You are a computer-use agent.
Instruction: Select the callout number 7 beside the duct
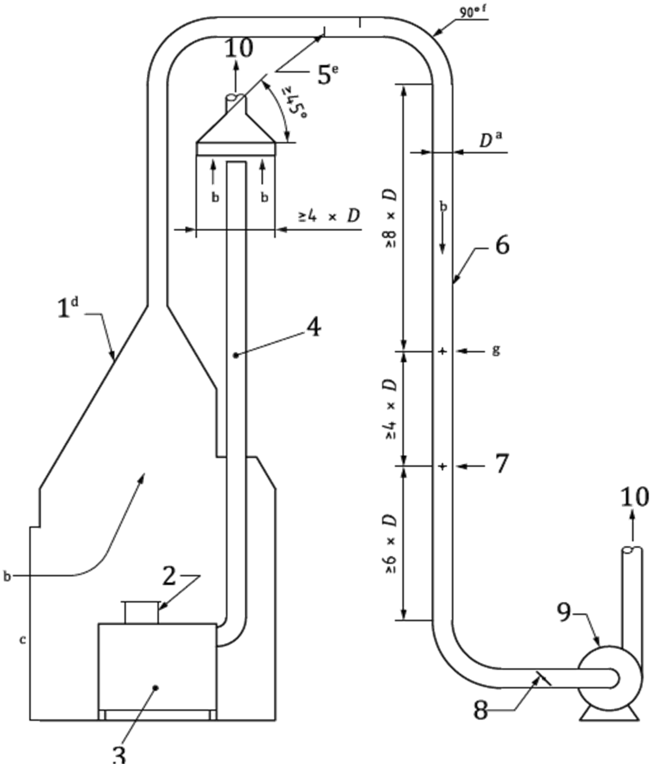click(501, 464)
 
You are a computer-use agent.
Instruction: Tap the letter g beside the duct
click(496, 350)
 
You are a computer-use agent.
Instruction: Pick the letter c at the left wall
click(22, 640)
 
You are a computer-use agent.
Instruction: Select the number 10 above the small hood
click(239, 48)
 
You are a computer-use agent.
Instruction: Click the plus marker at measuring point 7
click(443, 467)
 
